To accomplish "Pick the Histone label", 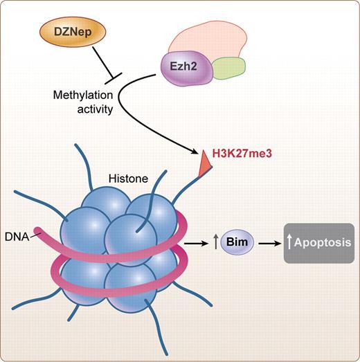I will [129, 179].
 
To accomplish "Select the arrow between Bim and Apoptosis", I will [271, 244].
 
